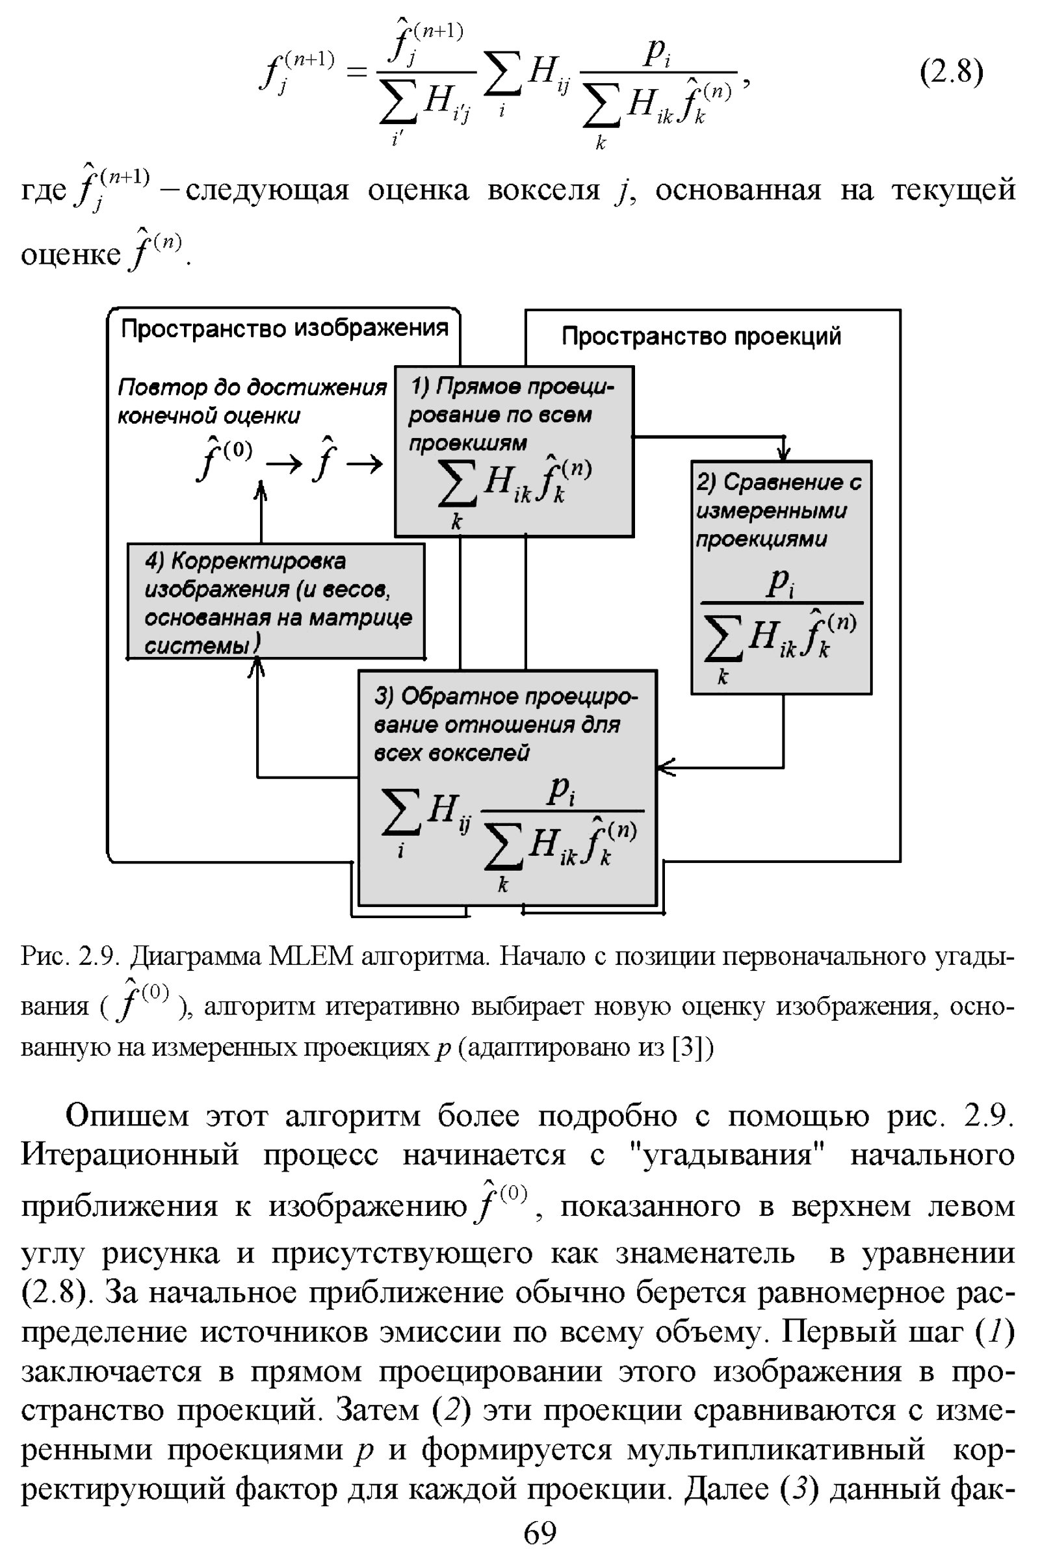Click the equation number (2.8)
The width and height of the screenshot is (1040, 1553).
tap(950, 71)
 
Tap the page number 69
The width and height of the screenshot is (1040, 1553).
tap(540, 1532)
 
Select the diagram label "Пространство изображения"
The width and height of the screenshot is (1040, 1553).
tap(285, 328)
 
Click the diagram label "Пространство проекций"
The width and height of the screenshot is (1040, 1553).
tap(701, 336)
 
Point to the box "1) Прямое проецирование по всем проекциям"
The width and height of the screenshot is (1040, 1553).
tap(513, 451)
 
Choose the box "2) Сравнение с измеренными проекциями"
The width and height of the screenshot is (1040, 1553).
tap(781, 577)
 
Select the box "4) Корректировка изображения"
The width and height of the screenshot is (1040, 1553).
tap(276, 601)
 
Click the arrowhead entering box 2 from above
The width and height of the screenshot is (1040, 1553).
tap(783, 454)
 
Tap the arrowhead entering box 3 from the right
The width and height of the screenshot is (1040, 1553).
tap(664, 767)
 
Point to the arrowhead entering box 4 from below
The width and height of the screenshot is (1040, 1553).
tap(257, 667)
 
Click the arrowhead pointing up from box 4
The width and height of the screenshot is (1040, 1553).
tap(261, 490)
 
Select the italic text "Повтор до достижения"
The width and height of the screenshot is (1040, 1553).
tap(252, 387)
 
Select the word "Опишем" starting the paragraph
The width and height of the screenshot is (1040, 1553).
tap(127, 1115)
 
